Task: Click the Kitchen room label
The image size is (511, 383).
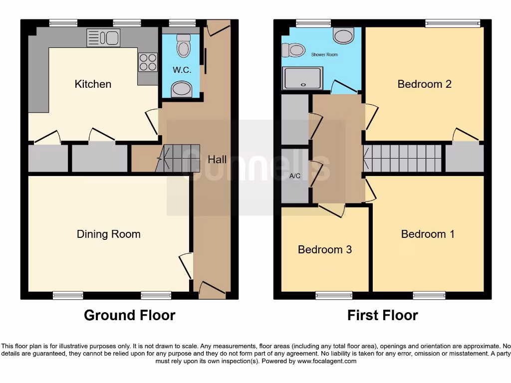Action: coord(93,84)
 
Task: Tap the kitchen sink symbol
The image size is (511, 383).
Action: coord(103,38)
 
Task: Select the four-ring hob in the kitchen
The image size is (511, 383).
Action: coord(147,62)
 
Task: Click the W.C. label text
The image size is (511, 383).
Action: coord(182,70)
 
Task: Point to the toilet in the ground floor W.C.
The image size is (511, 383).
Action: coord(184,46)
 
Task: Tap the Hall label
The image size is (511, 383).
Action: coord(217,160)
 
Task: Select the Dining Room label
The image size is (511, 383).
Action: coord(108,234)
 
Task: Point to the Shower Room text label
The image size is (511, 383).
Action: coord(324,54)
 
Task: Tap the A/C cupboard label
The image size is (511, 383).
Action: coord(294,176)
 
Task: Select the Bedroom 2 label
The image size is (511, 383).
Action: coord(424,84)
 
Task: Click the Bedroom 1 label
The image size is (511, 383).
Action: coord(428,234)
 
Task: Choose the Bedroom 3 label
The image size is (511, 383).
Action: coord(324,249)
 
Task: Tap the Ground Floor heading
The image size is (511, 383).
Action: coord(129,315)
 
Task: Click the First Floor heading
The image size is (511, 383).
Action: coord(382,315)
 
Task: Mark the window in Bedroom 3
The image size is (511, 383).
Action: coord(334,296)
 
